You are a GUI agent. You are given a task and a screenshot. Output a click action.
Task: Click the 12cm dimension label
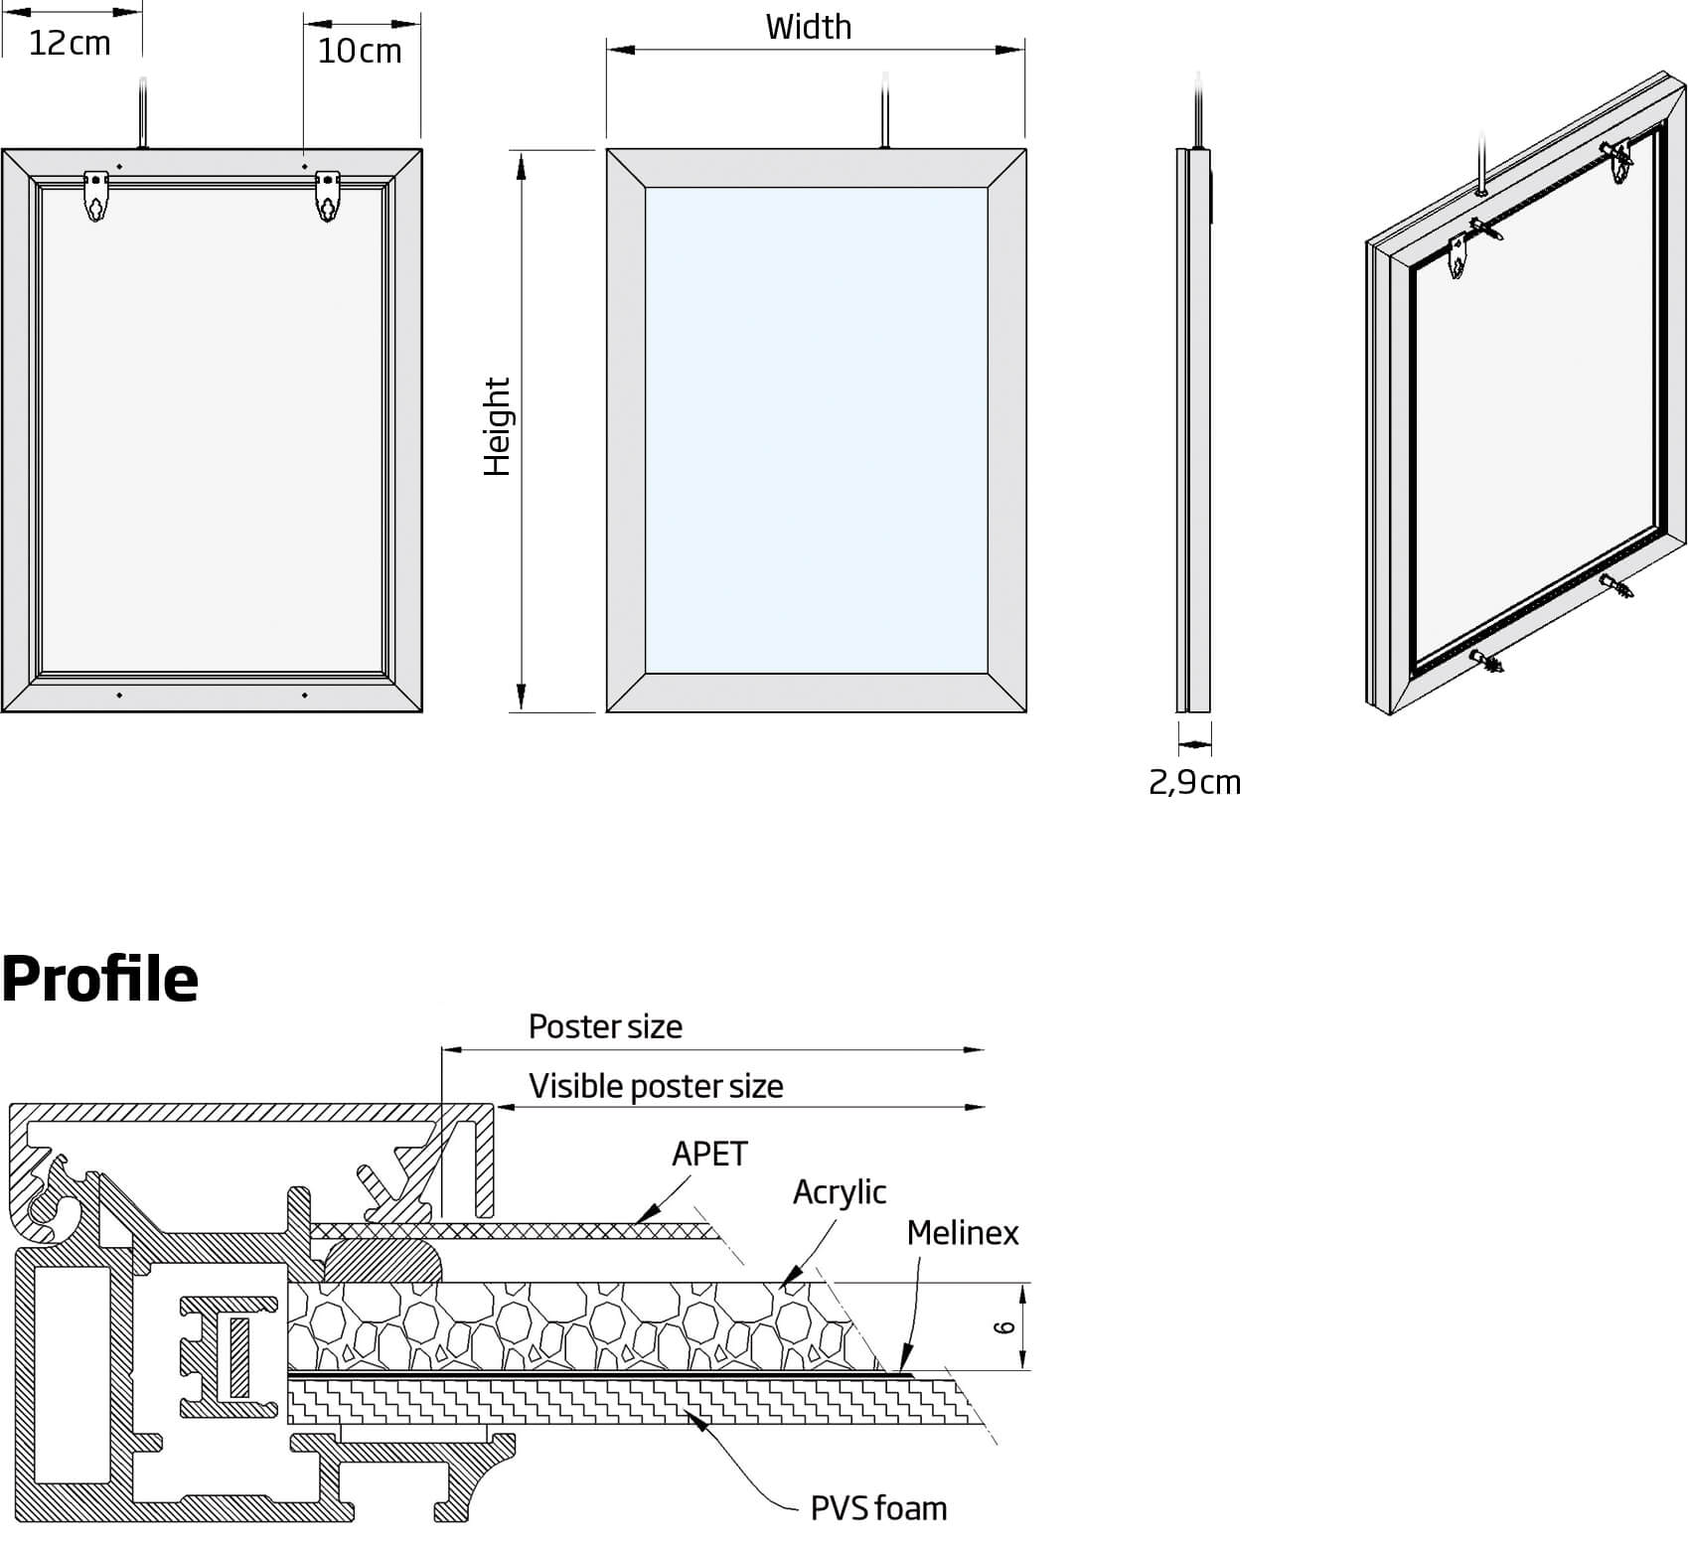70,44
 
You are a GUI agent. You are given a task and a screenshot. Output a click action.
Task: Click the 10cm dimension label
360,51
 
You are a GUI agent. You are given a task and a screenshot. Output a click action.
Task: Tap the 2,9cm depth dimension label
1194,783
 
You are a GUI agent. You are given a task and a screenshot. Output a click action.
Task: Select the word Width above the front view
808,27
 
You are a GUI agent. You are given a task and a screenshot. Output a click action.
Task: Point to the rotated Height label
496,426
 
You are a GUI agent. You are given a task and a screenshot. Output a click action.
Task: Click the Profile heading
99,979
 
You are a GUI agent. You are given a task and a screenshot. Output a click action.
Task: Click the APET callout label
709,1154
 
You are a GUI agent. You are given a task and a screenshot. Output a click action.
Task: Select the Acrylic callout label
839,1191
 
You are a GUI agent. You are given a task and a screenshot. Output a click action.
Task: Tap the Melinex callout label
962,1233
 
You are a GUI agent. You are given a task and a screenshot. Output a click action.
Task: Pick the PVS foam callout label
878,1508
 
